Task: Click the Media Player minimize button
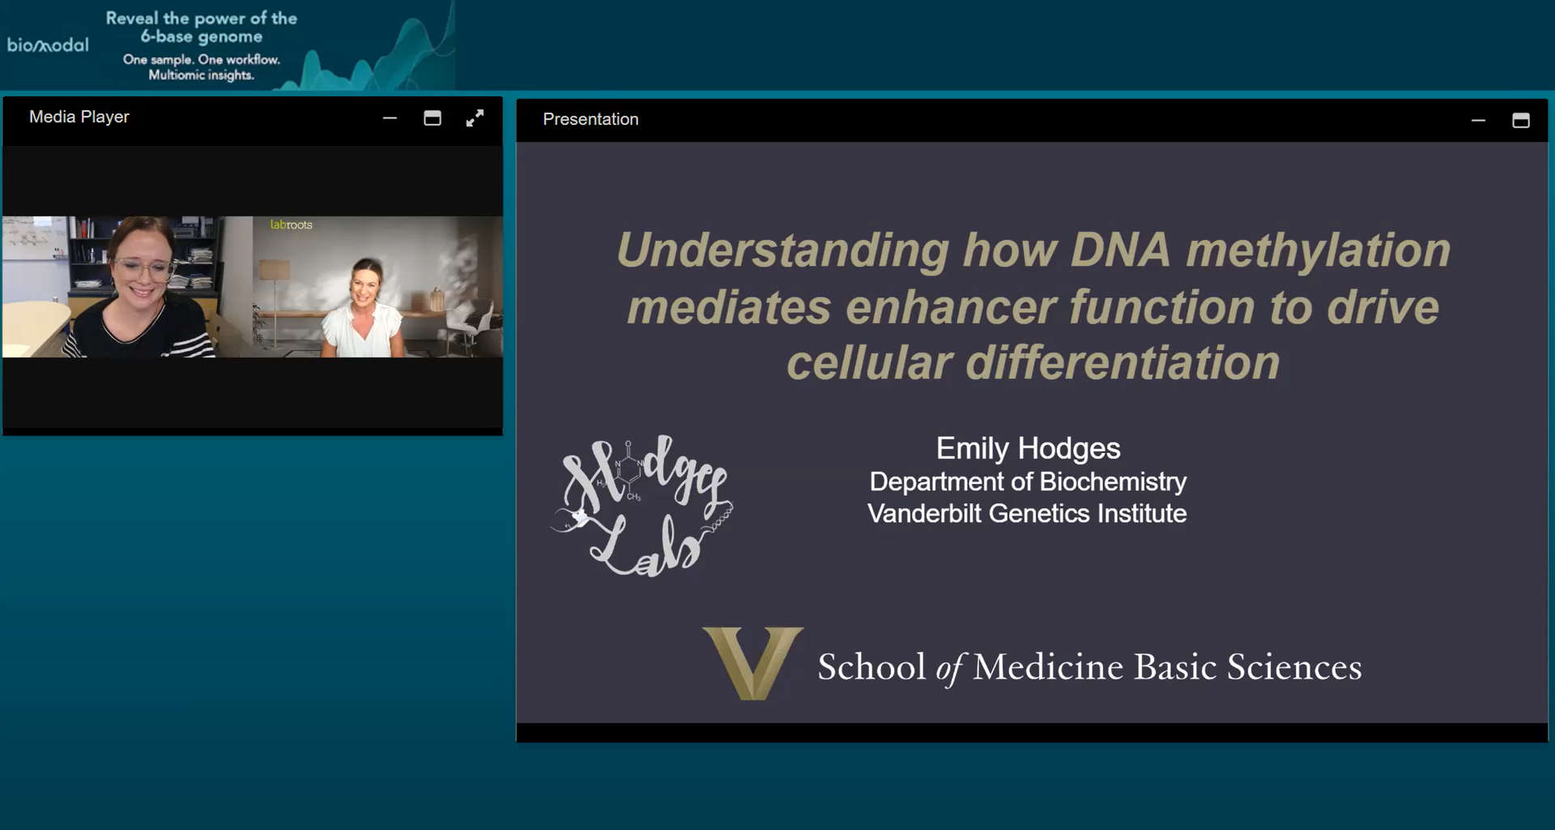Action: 390,118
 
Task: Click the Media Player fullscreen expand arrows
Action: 475,118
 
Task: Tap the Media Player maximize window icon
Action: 432,118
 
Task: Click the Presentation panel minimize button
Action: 1478,121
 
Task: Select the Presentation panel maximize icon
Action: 1520,121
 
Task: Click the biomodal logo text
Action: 48,45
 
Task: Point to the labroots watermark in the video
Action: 291,225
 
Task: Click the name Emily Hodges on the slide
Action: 1028,448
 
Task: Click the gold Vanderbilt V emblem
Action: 752,662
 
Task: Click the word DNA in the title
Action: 1120,250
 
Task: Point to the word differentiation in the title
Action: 1123,362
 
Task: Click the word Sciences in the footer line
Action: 1293,667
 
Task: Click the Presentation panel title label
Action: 590,119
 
